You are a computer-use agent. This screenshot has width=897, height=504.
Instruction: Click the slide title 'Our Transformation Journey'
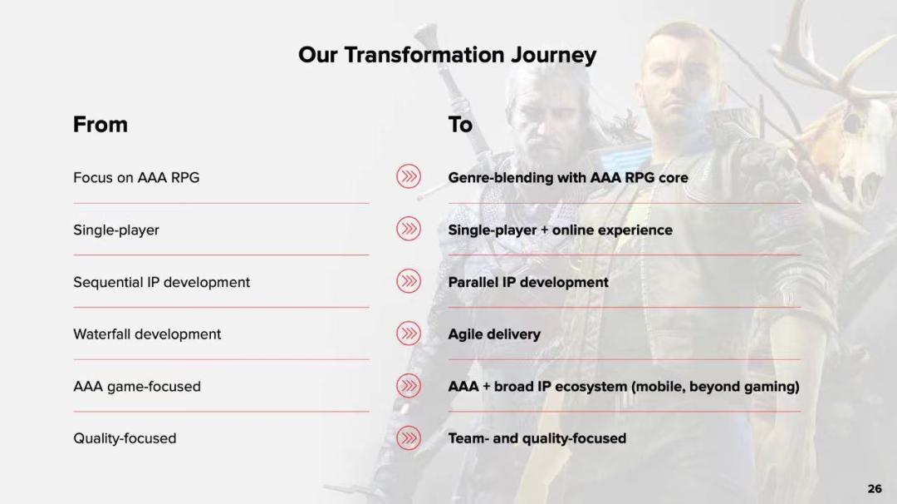pyautogui.click(x=447, y=55)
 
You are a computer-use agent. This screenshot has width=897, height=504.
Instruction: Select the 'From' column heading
pyautogui.click(x=100, y=124)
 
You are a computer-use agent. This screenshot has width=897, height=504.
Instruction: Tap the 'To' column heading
pyautogui.click(x=460, y=124)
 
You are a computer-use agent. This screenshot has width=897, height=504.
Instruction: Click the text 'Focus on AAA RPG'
pyautogui.click(x=136, y=177)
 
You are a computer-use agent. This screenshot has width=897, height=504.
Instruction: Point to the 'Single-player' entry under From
pyautogui.click(x=116, y=230)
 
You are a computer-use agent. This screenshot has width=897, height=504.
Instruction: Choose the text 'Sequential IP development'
pyautogui.click(x=161, y=282)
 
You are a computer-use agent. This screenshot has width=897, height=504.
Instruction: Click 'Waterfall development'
pyautogui.click(x=147, y=334)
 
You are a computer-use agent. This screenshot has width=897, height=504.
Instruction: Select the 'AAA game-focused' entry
pyautogui.click(x=137, y=387)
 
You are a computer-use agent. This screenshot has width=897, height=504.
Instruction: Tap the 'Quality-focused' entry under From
pyautogui.click(x=125, y=438)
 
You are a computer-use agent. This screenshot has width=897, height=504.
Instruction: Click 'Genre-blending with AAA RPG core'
pyautogui.click(x=568, y=177)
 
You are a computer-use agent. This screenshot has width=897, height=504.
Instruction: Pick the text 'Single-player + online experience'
pyautogui.click(x=560, y=230)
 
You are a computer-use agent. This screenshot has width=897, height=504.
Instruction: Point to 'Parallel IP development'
pyautogui.click(x=528, y=282)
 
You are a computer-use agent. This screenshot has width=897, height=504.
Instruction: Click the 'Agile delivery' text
pyautogui.click(x=494, y=334)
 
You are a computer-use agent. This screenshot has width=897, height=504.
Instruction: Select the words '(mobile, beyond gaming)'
pyautogui.click(x=715, y=387)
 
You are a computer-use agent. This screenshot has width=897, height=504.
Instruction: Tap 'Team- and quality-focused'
pyautogui.click(x=537, y=438)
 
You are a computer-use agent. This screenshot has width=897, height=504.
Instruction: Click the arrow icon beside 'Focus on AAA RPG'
pyautogui.click(x=409, y=176)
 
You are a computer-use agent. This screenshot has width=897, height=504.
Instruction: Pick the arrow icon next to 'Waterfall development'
pyautogui.click(x=409, y=334)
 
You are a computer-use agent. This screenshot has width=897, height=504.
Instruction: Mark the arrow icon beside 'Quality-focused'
pyautogui.click(x=409, y=438)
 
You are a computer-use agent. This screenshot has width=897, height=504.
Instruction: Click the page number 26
pyautogui.click(x=875, y=488)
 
